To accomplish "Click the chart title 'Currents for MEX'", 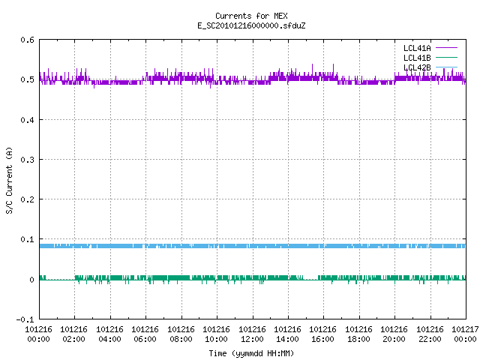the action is pyautogui.click(x=251, y=16).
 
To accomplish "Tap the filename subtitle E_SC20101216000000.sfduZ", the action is pyautogui.click(x=251, y=25).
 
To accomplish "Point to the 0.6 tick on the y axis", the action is pyautogui.click(x=27, y=40).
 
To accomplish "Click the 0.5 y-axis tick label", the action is pyautogui.click(x=27, y=79).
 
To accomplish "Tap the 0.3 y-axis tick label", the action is pyautogui.click(x=27, y=160).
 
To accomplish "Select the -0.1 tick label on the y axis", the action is pyautogui.click(x=25, y=319).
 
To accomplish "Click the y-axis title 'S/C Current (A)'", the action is pyautogui.click(x=9, y=180).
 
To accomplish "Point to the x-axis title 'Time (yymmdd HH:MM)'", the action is pyautogui.click(x=251, y=353).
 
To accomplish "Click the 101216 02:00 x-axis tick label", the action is pyautogui.click(x=73, y=334).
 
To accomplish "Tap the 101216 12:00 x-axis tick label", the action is pyautogui.click(x=252, y=334).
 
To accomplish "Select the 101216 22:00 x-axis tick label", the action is pyautogui.click(x=430, y=334).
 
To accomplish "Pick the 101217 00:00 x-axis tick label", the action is pyautogui.click(x=465, y=334).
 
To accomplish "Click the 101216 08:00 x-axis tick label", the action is pyautogui.click(x=181, y=334).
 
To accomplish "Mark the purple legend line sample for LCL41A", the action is pyautogui.click(x=447, y=48).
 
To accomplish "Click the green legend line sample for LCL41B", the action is pyautogui.click(x=447, y=57).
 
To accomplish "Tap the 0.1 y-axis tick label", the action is pyautogui.click(x=27, y=239).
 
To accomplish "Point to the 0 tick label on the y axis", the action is pyautogui.click(x=31, y=280).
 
